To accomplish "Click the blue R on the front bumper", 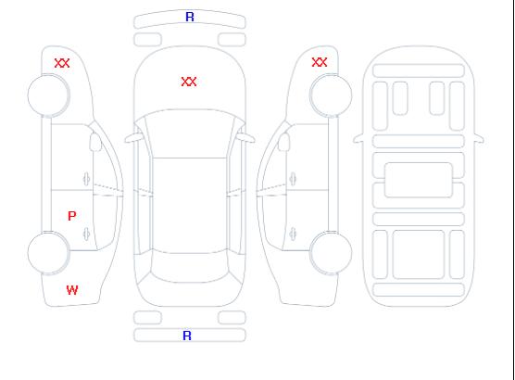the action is (x=190, y=17).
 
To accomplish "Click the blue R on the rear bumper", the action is (x=187, y=336).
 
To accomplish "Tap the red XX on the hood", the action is (x=189, y=82).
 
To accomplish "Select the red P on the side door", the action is (x=72, y=216).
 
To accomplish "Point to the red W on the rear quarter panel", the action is (x=72, y=290).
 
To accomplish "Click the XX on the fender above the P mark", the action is (x=62, y=63).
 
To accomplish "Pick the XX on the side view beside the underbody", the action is (x=320, y=62).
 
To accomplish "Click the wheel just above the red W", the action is (x=48, y=252).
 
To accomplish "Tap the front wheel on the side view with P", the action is (x=48, y=95).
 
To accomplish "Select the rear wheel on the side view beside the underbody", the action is (x=331, y=252).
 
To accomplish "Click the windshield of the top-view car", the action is (x=190, y=133).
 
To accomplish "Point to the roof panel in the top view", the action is (x=190, y=206).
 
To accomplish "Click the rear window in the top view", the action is (x=190, y=268).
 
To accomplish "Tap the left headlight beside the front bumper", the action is (x=147, y=40).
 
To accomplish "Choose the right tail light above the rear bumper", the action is (x=232, y=318).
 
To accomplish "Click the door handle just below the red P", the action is (x=86, y=234).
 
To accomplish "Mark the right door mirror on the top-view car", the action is (x=246, y=138).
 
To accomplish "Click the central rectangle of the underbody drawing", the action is (x=419, y=180).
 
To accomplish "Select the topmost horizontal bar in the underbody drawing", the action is (x=419, y=70).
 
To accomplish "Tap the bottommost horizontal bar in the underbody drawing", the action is (x=419, y=289).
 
